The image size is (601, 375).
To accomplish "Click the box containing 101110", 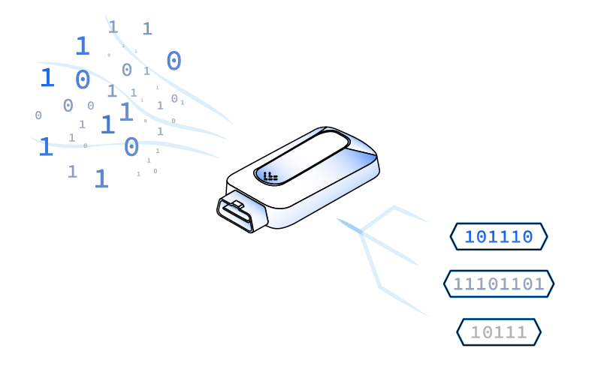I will click(x=499, y=237).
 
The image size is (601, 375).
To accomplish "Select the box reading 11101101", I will click(x=499, y=284).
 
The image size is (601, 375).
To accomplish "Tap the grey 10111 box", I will click(x=499, y=332).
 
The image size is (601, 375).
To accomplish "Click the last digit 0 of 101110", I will click(x=527, y=238).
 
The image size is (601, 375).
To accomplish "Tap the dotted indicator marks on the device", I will click(x=270, y=177).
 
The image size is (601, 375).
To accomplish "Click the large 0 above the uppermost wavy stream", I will click(x=174, y=61).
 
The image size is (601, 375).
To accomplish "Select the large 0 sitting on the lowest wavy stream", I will click(x=131, y=148).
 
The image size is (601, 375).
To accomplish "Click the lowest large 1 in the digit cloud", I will click(x=101, y=179).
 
